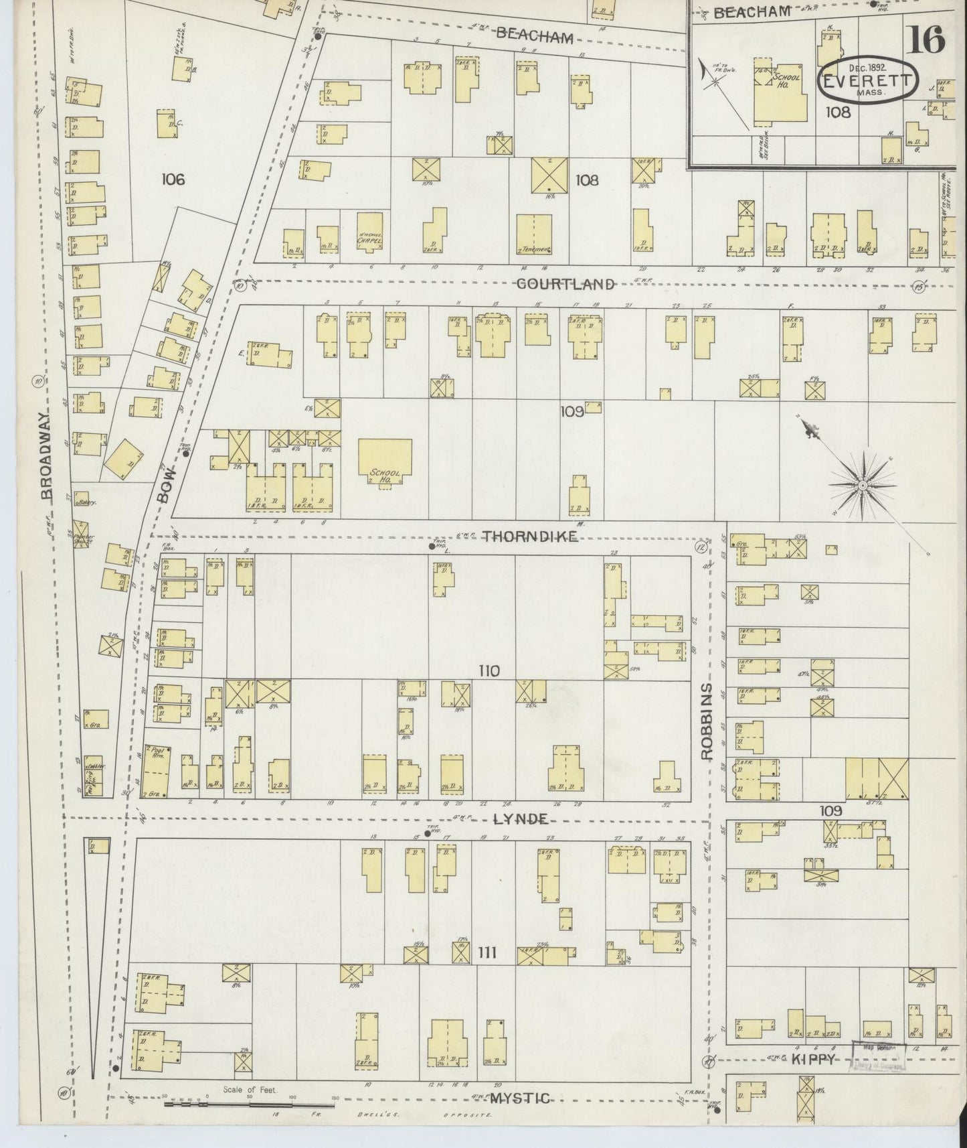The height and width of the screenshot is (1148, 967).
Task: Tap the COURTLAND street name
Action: coord(565,284)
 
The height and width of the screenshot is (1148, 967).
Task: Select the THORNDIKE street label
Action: coord(529,536)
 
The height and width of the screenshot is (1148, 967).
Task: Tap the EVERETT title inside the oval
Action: coord(867,82)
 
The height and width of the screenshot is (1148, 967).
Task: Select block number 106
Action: coord(173,180)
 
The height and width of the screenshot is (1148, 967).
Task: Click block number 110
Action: coord(489,670)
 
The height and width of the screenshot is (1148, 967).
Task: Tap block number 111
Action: coord(487,952)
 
